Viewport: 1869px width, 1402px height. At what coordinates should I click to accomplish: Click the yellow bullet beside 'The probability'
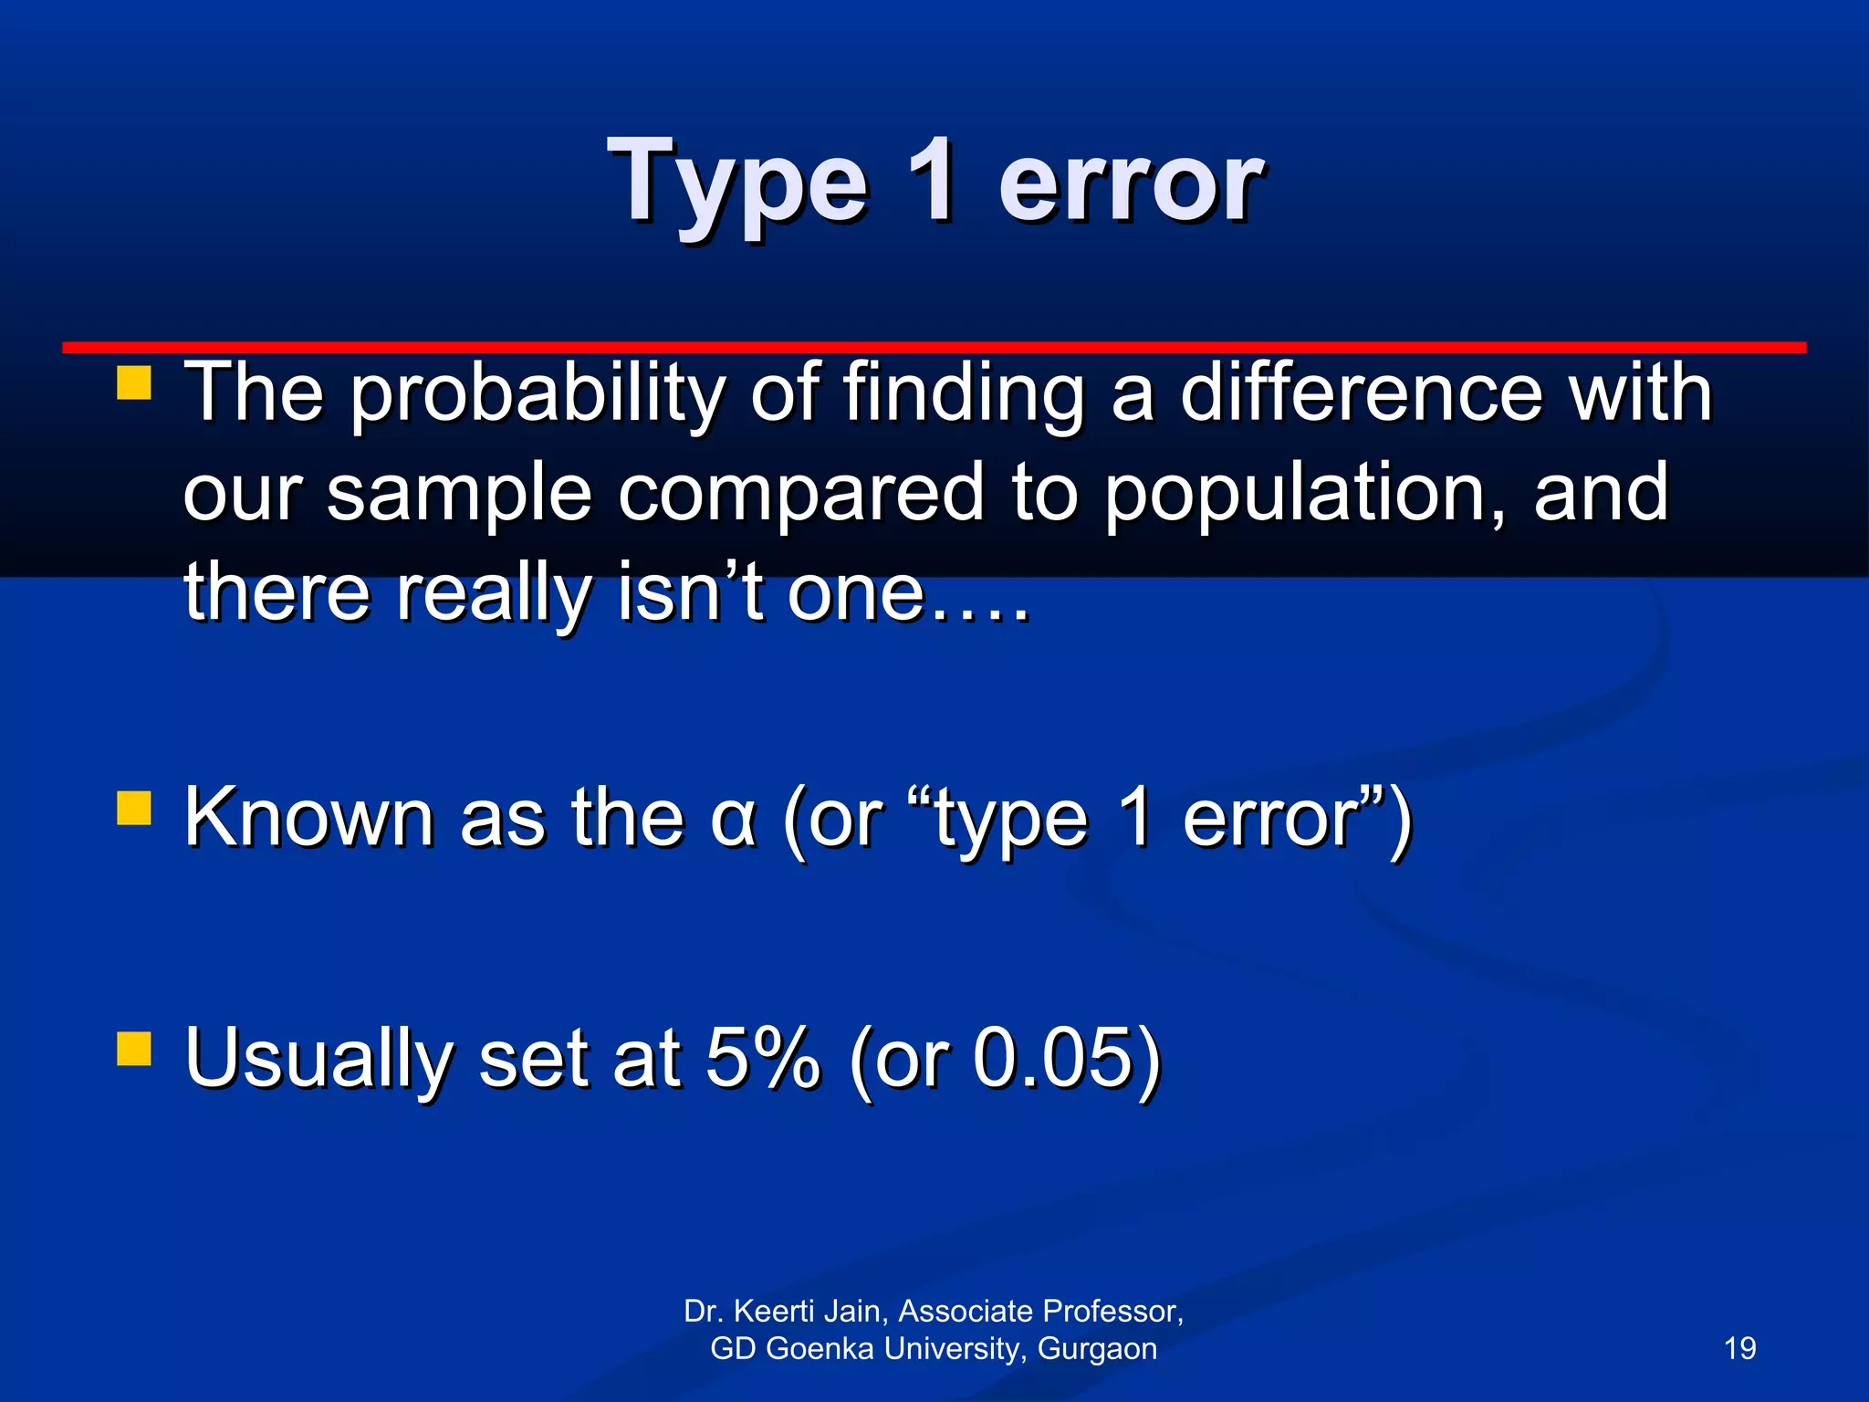tap(134, 384)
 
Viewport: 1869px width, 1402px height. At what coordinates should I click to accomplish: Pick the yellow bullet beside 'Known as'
tap(134, 808)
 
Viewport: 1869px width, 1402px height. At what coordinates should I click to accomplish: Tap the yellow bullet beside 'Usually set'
tap(134, 1049)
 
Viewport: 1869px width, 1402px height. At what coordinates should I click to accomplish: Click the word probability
tap(537, 395)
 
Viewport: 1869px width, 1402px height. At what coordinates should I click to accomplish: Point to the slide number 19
tap(1739, 1348)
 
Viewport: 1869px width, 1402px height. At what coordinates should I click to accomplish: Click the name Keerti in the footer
tap(774, 1311)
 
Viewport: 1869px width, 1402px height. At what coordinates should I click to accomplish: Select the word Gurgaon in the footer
tap(1097, 1349)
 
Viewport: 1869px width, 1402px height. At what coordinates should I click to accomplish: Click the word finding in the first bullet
tap(964, 395)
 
